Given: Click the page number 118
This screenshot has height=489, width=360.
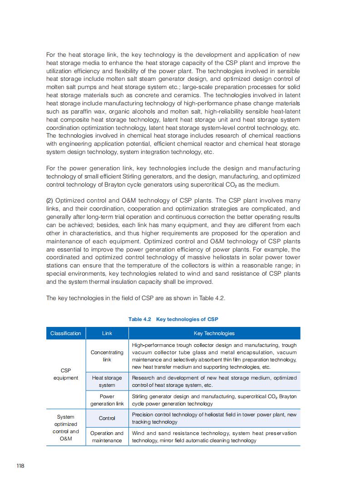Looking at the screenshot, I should tap(20, 466).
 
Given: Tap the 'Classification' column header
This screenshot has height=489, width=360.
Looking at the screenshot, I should tap(66, 333).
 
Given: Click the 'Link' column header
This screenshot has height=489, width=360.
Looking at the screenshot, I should tap(107, 333).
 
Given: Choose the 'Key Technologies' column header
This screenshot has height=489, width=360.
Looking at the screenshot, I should tap(214, 333).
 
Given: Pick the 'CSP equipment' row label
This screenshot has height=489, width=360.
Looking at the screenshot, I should tap(66, 374).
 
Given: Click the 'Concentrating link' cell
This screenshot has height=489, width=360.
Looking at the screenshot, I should tap(107, 356).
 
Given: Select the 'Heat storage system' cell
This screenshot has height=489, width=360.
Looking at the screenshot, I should tap(107, 381).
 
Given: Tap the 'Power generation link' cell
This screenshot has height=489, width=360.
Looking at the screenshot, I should tap(107, 400).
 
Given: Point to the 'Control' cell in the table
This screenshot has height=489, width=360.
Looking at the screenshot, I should tap(107, 418).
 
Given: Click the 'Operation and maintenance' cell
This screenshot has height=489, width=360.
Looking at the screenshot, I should tap(107, 437).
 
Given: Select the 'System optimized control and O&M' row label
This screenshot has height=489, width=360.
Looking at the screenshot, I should tap(66, 428).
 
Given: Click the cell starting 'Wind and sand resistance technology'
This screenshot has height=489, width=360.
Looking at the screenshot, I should tap(214, 437).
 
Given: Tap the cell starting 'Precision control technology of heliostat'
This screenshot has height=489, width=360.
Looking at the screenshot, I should tap(214, 418).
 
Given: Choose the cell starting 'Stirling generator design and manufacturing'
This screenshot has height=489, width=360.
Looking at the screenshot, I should tap(214, 400).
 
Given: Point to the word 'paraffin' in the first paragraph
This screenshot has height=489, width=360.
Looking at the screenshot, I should tap(72, 112).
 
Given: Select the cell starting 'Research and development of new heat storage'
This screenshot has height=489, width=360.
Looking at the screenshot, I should tap(214, 381).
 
